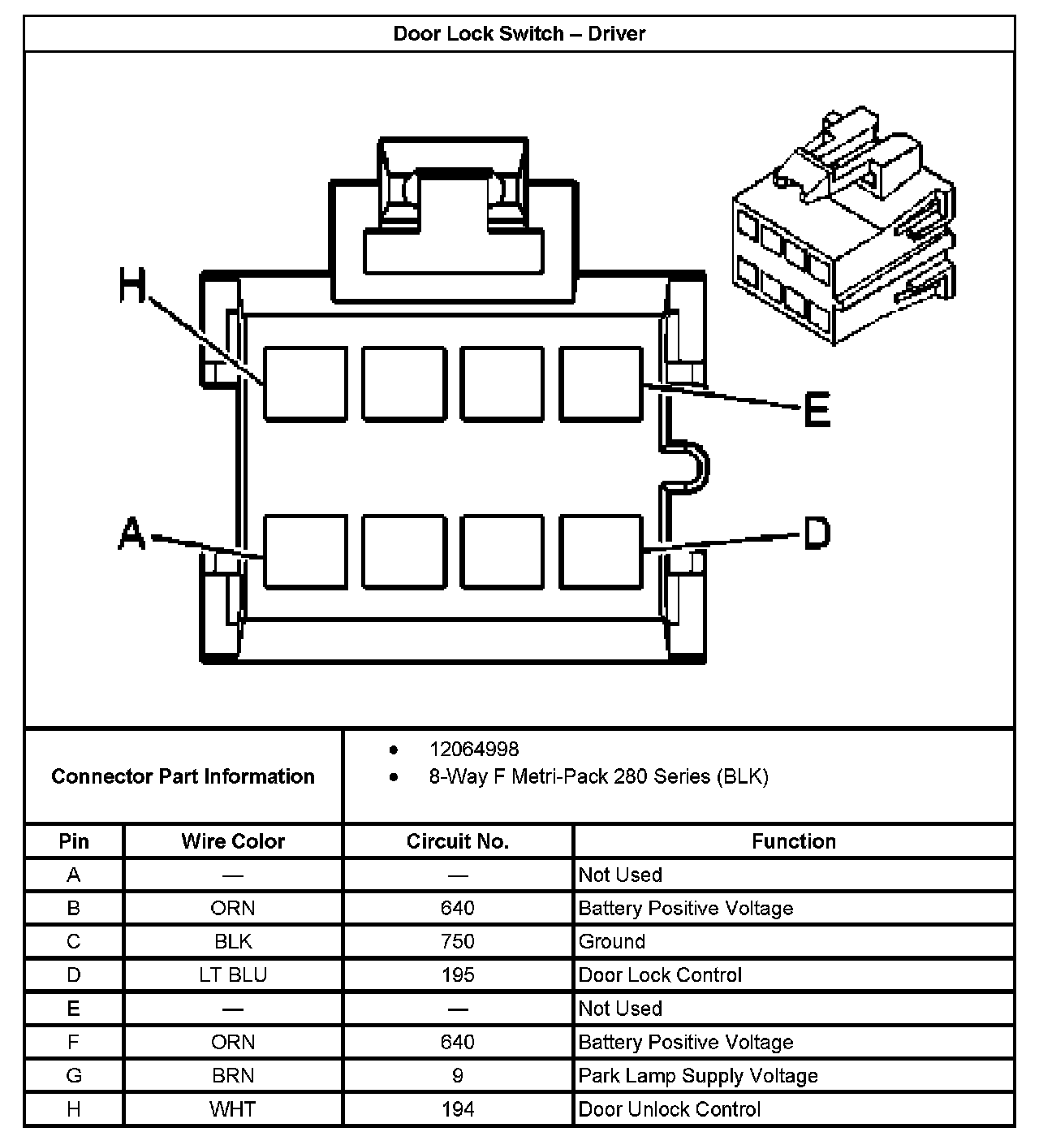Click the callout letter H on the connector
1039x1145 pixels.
pyautogui.click(x=133, y=287)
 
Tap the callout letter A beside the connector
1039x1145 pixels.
pyautogui.click(x=132, y=535)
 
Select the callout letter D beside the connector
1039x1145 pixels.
pyautogui.click(x=817, y=534)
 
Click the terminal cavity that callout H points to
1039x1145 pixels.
pyautogui.click(x=305, y=384)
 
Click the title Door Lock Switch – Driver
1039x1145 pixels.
pyautogui.click(x=519, y=34)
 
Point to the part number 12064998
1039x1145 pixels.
pyautogui.click(x=474, y=749)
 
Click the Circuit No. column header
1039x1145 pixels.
pyautogui.click(x=458, y=841)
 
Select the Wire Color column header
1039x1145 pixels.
pyautogui.click(x=233, y=841)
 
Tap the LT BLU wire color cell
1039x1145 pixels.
pyautogui.click(x=233, y=975)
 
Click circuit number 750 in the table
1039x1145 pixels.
pyautogui.click(x=458, y=942)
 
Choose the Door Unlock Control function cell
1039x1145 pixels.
pyautogui.click(x=670, y=1109)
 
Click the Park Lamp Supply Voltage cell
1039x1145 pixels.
pyautogui.click(x=698, y=1076)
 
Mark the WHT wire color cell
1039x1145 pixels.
pyautogui.click(x=233, y=1109)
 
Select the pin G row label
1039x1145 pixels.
pyautogui.click(x=74, y=1076)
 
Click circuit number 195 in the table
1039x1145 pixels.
pyautogui.click(x=458, y=975)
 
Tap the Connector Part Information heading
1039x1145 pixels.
pyautogui.click(x=183, y=776)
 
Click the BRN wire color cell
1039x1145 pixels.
pyautogui.click(x=233, y=1076)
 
